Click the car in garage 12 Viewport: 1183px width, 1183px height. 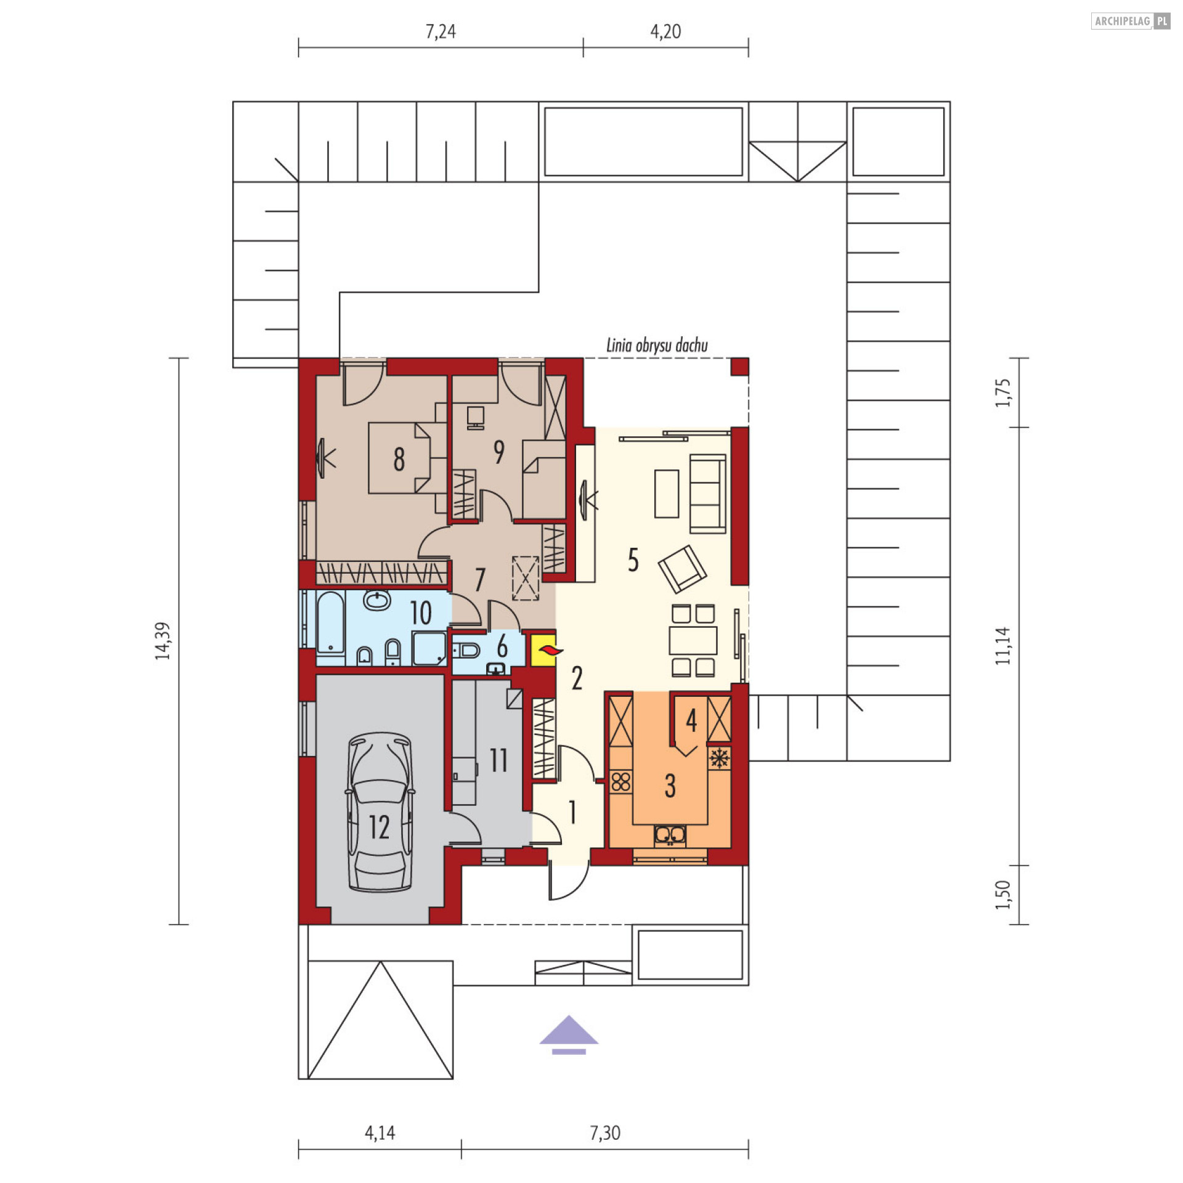tap(380, 812)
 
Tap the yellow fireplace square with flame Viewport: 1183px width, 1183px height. tap(543, 650)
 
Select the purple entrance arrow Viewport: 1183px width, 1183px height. tap(569, 1036)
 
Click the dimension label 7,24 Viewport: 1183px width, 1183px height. tap(441, 31)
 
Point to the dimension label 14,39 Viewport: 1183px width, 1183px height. tap(163, 641)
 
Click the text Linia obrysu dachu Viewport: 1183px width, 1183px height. tap(657, 345)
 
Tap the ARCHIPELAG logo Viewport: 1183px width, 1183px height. tap(1130, 21)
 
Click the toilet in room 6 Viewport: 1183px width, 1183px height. tap(466, 650)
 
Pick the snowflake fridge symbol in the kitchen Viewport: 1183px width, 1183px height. tap(719, 758)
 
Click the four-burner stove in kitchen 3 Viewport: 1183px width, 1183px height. tap(621, 782)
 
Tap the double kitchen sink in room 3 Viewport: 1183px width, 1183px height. tap(670, 835)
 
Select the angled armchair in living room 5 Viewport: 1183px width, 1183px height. tap(682, 569)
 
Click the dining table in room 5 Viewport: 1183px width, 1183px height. tap(693, 640)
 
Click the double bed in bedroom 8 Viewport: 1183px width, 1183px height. tap(407, 458)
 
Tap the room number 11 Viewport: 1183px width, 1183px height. tap(498, 760)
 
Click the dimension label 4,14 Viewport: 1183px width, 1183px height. tap(380, 1133)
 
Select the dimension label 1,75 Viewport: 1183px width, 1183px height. tap(1003, 392)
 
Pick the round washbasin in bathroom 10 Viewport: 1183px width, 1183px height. tap(376, 600)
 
